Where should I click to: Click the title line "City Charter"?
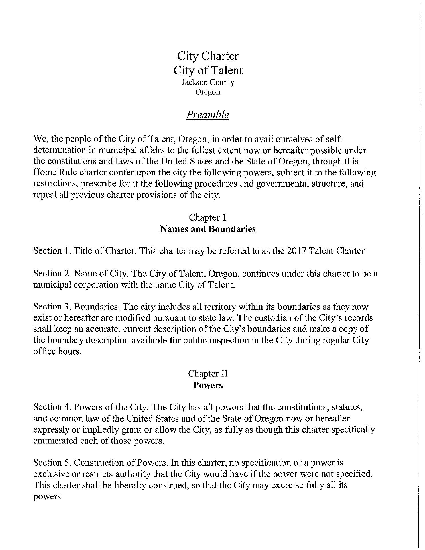point(208,56)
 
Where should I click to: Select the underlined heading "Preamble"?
point(208,115)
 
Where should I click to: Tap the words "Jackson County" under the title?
point(208,82)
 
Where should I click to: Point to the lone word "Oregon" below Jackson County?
point(208,92)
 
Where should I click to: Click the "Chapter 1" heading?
point(208,217)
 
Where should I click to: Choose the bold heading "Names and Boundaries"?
point(208,229)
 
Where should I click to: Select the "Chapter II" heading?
point(208,374)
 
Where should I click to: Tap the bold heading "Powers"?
point(208,385)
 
